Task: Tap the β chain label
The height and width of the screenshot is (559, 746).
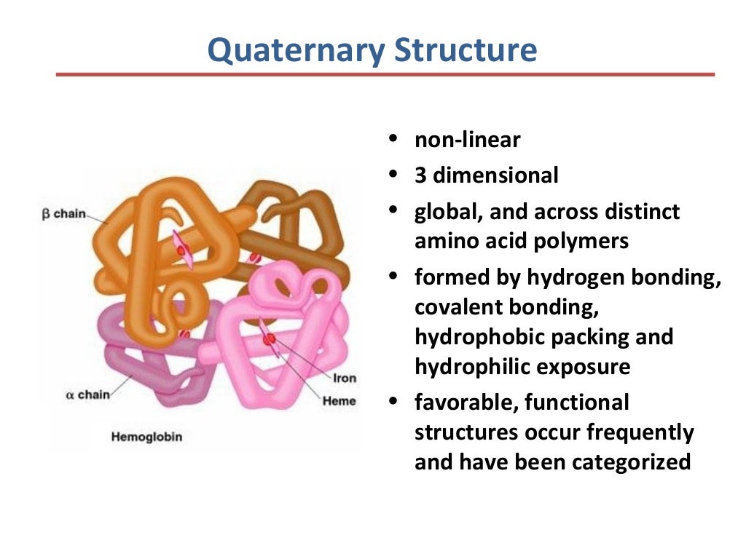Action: pyautogui.click(x=64, y=214)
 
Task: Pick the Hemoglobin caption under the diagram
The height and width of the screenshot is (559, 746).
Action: pyautogui.click(x=146, y=437)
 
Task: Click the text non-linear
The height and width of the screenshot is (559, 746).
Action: pyautogui.click(x=468, y=139)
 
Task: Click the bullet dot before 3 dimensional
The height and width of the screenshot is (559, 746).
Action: pyautogui.click(x=393, y=174)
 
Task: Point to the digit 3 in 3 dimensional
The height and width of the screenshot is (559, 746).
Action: pyautogui.click(x=420, y=175)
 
